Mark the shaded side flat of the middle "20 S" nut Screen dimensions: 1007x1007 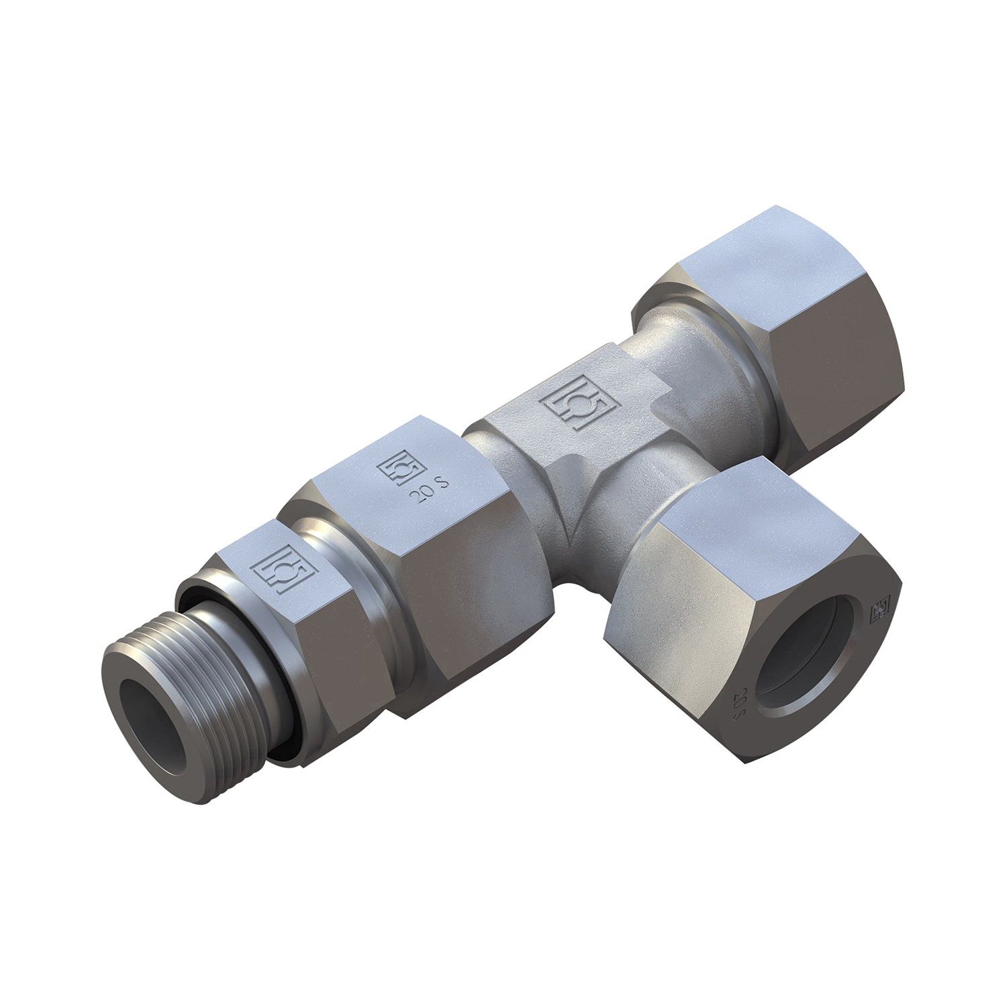pos(463,577)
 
